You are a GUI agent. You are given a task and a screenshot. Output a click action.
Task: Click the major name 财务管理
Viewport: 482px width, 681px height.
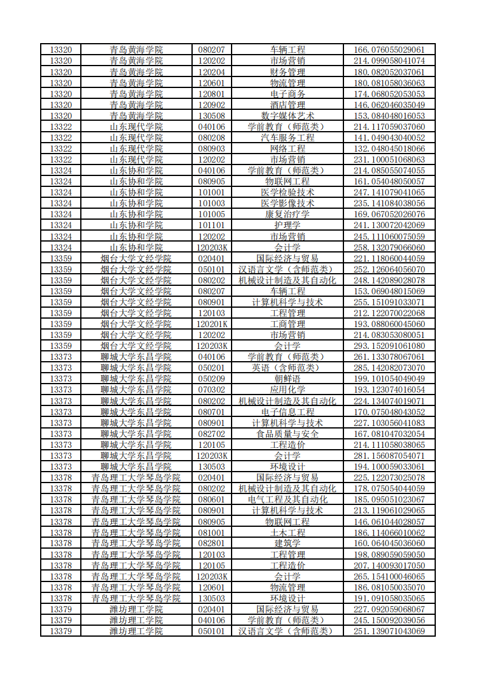click(287, 72)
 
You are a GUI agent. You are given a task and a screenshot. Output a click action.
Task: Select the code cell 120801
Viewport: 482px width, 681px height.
click(212, 93)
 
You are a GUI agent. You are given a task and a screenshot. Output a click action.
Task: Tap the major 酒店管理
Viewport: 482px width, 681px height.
click(287, 104)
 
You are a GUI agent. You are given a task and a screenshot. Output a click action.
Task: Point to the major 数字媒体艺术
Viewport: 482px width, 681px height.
click(287, 115)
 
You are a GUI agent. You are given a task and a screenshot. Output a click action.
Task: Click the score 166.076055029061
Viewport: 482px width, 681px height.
click(389, 50)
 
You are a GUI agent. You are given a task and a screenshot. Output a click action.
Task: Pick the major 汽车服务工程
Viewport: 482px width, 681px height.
click(287, 137)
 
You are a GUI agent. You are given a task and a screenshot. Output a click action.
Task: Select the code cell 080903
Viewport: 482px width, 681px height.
click(212, 148)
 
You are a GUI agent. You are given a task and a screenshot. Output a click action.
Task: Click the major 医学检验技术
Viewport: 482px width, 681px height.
click(287, 192)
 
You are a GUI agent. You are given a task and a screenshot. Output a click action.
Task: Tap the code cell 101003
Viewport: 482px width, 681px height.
click(212, 203)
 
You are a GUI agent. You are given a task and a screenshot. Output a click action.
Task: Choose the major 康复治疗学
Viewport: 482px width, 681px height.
click(287, 214)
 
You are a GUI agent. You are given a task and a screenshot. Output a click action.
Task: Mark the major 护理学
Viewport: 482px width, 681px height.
click(287, 225)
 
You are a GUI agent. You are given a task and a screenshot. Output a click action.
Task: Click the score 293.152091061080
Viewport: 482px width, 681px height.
click(389, 346)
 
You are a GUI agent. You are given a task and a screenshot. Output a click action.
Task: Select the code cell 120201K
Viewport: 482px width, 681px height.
click(212, 324)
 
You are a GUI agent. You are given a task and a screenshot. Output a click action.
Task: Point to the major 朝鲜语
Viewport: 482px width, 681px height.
click(287, 379)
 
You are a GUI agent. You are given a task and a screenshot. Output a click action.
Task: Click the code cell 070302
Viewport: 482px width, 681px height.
click(212, 390)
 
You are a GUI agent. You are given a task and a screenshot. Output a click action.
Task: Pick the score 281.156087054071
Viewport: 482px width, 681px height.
click(389, 456)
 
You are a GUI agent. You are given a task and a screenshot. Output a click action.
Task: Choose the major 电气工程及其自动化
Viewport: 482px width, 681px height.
click(287, 500)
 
